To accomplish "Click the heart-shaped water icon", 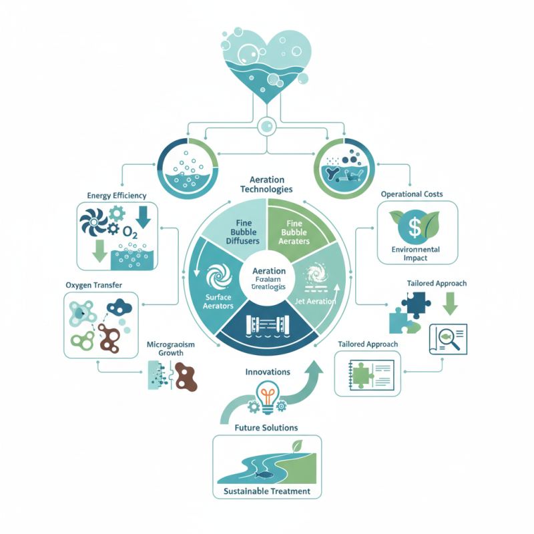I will click(x=266, y=64).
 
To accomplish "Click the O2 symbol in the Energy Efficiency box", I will click(x=130, y=233).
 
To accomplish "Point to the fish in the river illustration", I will click(x=259, y=475).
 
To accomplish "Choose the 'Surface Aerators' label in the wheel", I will click(x=218, y=300).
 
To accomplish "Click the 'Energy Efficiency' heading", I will click(x=117, y=195).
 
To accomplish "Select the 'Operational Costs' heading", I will click(x=412, y=194).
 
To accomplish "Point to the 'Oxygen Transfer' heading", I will click(x=93, y=285).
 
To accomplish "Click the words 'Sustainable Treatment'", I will click(x=267, y=491).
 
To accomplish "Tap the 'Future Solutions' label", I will click(x=266, y=427).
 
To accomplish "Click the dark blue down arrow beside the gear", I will click(x=144, y=218).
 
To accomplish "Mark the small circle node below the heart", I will click(x=266, y=125).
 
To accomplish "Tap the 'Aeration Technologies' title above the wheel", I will click(x=266, y=185).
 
